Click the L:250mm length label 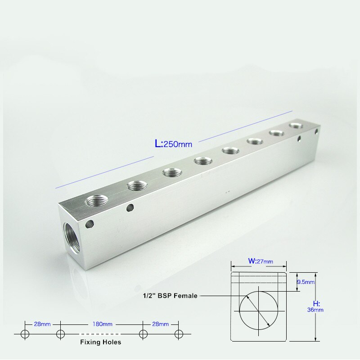click(x=173, y=144)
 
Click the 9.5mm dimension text click(x=306, y=282)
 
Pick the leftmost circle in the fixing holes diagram click(x=24, y=334)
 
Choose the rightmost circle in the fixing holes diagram click(x=179, y=334)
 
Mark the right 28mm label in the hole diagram click(x=160, y=324)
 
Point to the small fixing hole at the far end click(x=316, y=132)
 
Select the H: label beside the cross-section click(x=316, y=302)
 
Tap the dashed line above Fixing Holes click(x=101, y=334)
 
